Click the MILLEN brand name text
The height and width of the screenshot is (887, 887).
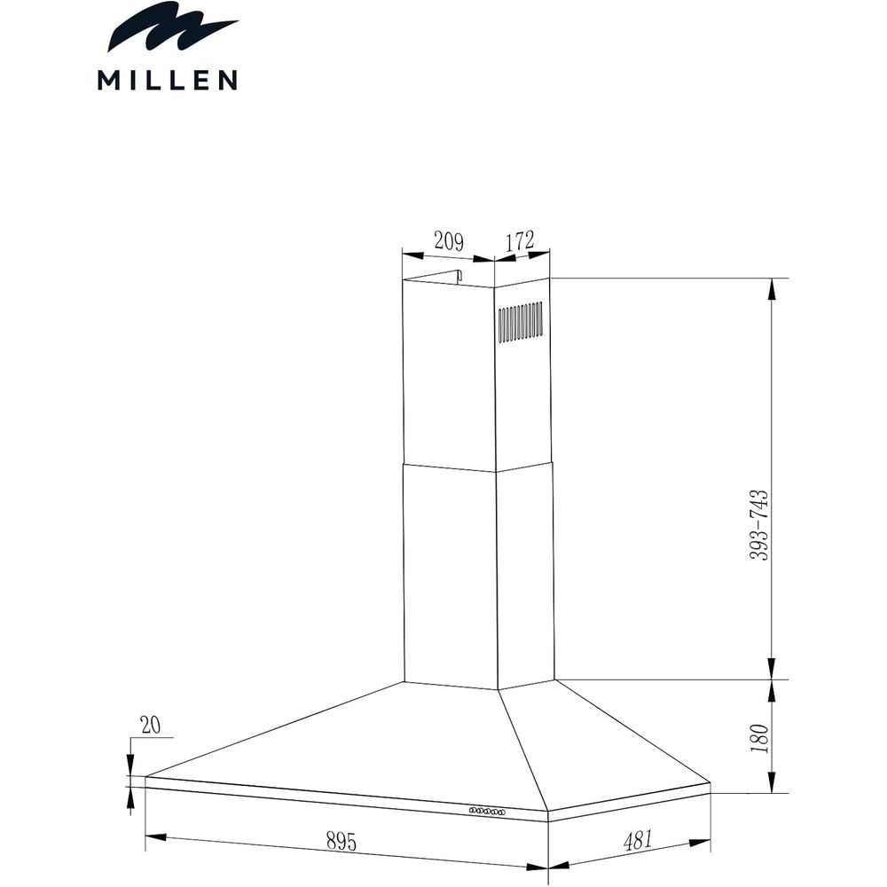[167, 81]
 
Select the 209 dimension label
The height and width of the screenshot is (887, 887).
[448, 240]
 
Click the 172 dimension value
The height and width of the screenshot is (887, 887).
[520, 239]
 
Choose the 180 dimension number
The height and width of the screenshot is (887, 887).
[757, 737]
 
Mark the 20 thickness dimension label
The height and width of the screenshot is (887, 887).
[150, 726]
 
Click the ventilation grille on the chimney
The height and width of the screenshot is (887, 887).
[520, 322]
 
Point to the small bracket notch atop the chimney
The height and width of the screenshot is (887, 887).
[459, 277]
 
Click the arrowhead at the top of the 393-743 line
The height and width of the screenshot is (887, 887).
[773, 287]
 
